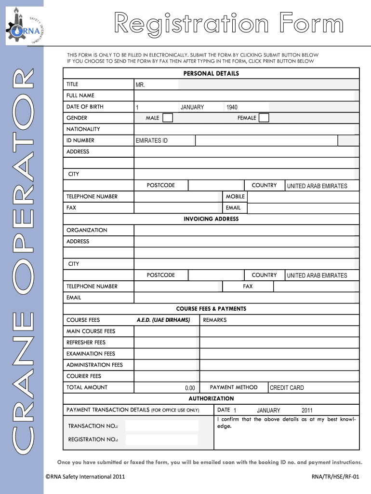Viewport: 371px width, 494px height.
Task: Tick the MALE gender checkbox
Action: click(168, 118)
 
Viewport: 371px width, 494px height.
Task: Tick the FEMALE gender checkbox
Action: click(264, 118)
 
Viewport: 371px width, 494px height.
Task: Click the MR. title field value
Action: click(140, 85)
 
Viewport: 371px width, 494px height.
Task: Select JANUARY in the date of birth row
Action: click(192, 107)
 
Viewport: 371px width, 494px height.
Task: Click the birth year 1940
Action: click(232, 107)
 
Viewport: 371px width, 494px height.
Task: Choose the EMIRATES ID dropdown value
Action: click(152, 141)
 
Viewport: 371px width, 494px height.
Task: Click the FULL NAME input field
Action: click(246, 96)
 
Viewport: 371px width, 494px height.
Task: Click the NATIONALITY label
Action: click(83, 129)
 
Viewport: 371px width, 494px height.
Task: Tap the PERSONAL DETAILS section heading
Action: click(211, 74)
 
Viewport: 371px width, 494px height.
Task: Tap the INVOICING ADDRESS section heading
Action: click(211, 219)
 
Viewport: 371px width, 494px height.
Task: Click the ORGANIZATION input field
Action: click(246, 231)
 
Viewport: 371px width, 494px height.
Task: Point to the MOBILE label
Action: click(235, 197)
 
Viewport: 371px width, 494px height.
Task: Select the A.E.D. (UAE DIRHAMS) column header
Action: click(163, 320)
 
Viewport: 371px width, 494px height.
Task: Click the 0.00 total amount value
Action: click(190, 388)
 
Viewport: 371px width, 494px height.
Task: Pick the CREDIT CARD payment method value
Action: click(287, 388)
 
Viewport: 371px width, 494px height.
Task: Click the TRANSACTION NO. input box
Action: click(161, 426)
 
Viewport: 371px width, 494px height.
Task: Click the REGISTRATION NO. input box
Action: click(161, 439)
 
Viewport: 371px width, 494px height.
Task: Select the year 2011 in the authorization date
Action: click(307, 411)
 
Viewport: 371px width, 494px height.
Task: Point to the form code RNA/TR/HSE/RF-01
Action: click(335, 477)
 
